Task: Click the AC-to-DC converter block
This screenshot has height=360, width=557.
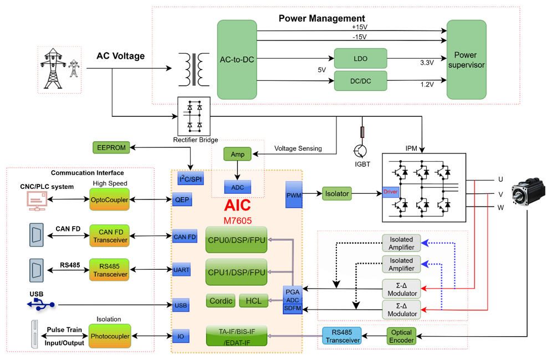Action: pyautogui.click(x=237, y=59)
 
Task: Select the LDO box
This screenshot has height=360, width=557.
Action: pyautogui.click(x=360, y=59)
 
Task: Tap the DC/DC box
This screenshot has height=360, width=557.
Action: pyautogui.click(x=360, y=81)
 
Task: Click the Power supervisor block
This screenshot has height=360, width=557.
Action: pyautogui.click(x=466, y=60)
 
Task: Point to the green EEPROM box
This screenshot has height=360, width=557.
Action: pyautogui.click(x=111, y=148)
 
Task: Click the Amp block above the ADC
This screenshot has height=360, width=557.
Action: pyautogui.click(x=237, y=153)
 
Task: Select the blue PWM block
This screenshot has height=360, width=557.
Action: pyautogui.click(x=294, y=194)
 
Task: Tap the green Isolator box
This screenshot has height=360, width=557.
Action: pyautogui.click(x=336, y=193)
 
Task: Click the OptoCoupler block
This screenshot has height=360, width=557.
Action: pyautogui.click(x=109, y=199)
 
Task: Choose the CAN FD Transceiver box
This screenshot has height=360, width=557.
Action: pyautogui.click(x=109, y=236)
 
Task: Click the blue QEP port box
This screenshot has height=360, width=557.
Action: pyautogui.click(x=182, y=199)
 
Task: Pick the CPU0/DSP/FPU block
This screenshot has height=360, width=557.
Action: pyautogui.click(x=236, y=240)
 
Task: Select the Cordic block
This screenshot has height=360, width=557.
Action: pyautogui.click(x=221, y=301)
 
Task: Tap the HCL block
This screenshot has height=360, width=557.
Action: pyautogui.click(x=253, y=301)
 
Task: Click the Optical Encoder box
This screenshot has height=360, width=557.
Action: pyautogui.click(x=401, y=336)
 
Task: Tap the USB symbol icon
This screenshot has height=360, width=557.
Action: pyautogui.click(x=40, y=304)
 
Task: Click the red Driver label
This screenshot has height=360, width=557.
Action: pyautogui.click(x=391, y=192)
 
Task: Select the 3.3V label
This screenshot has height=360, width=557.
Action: pyautogui.click(x=427, y=63)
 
